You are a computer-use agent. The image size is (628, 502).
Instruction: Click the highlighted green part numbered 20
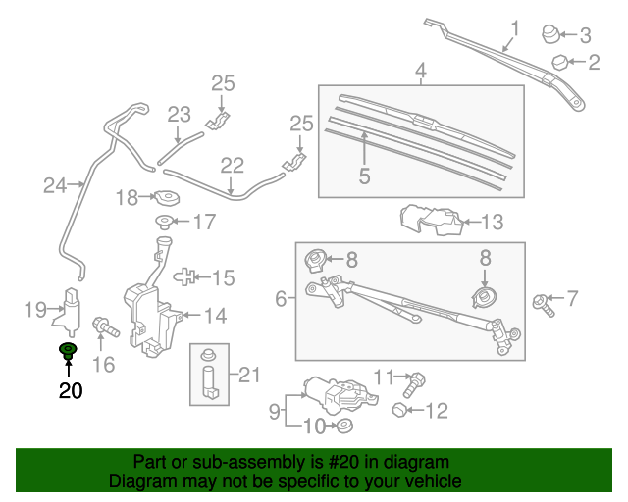pos(69,350)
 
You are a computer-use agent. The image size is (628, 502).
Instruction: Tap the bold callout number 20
pos(70,391)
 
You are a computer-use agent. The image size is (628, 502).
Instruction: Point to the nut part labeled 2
pos(560,63)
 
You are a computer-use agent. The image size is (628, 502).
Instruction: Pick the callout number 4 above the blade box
pos(420,71)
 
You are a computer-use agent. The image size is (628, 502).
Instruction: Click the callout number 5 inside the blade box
pos(364,176)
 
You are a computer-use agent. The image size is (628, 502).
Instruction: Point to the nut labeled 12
pos(401,409)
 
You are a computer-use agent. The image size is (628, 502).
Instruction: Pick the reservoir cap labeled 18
pos(165,197)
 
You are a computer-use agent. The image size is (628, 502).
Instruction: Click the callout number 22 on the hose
pos(232,166)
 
